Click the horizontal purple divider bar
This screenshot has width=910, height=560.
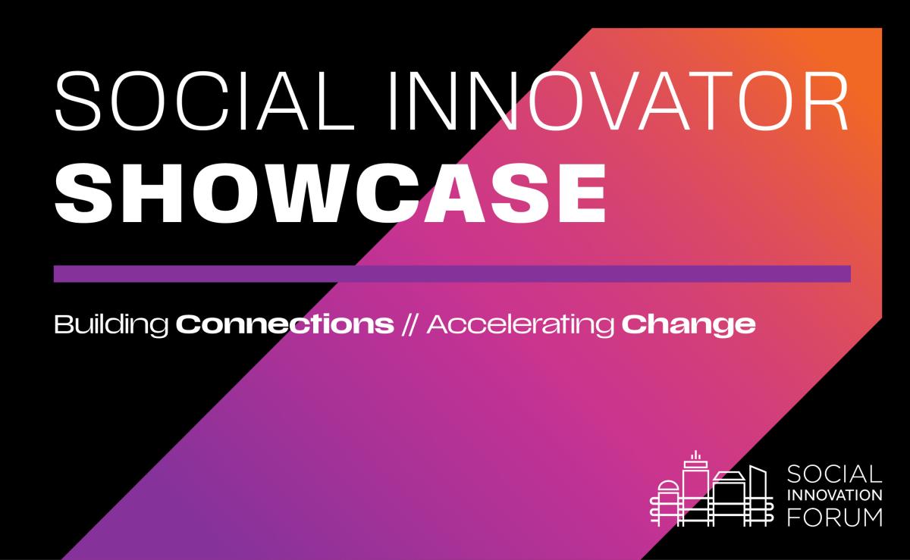point(452,274)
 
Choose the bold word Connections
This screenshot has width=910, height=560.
point(284,325)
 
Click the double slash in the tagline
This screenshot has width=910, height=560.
point(409,325)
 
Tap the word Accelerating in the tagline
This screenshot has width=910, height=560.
point(520,325)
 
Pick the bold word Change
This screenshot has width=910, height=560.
point(689,325)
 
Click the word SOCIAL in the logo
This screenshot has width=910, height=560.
point(834,475)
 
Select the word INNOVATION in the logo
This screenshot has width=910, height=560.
point(835,496)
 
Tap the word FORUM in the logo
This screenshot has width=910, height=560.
point(834,517)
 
